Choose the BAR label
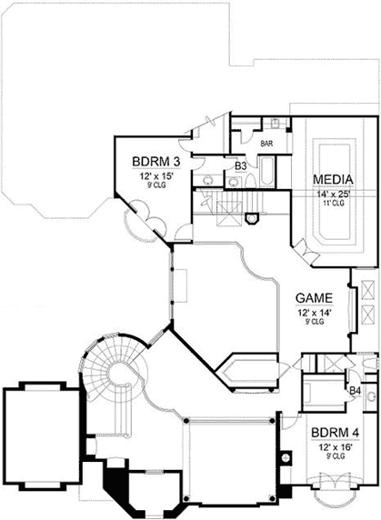267,144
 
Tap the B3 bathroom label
241,166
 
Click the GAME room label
313,297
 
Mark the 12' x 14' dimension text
313,311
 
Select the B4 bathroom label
357,392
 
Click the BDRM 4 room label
328,434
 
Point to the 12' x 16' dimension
328,447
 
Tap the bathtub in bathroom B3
270,172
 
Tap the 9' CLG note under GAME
313,321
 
